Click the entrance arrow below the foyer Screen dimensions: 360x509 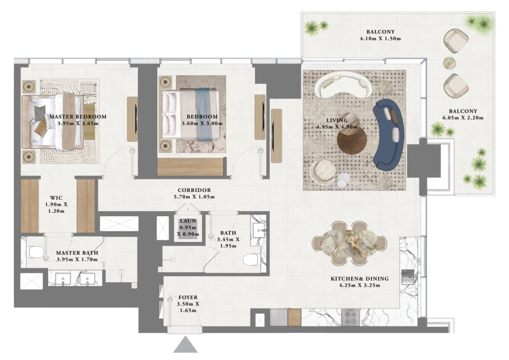pos(184,345)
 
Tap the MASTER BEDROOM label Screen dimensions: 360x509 pos(77,117)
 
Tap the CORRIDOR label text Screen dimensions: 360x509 pos(194,190)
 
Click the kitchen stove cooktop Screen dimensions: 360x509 pos(350,316)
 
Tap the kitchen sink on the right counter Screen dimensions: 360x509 pos(408,276)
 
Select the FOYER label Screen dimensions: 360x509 pos(188,297)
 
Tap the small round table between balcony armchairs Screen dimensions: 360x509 pos(449,62)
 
